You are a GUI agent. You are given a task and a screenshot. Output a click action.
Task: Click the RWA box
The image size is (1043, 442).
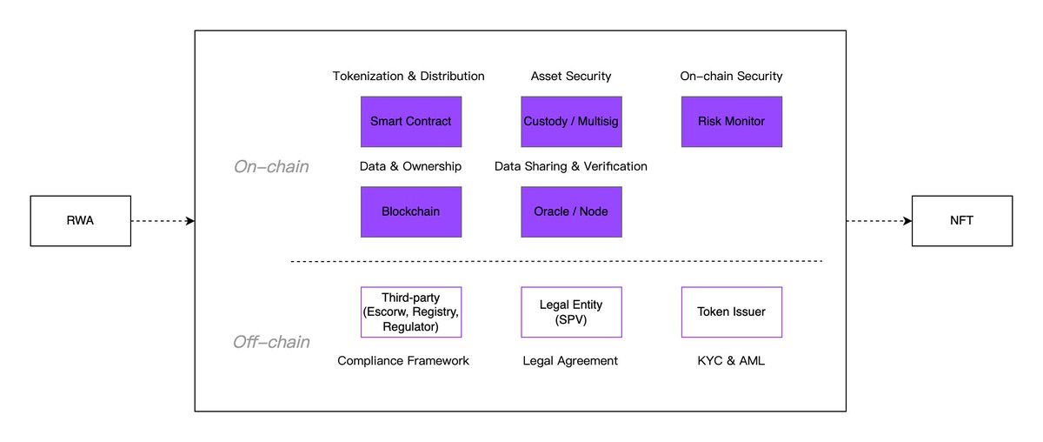[81, 221]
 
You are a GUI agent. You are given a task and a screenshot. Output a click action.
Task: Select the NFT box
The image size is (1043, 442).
[962, 221]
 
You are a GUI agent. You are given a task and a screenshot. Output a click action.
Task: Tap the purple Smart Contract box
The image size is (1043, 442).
[411, 122]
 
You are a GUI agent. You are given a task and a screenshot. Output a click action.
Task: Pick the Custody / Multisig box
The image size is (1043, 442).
[571, 122]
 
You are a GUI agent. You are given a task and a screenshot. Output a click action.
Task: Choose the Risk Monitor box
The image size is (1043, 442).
[732, 122]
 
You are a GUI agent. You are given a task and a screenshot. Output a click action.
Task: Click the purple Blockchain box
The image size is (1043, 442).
[411, 212]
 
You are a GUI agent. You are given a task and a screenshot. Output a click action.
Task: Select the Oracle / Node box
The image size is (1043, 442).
[571, 212]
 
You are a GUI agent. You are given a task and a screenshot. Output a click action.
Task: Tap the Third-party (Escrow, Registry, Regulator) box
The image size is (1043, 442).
[411, 311]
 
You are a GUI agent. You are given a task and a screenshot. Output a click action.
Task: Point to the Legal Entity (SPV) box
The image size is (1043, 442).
[571, 311]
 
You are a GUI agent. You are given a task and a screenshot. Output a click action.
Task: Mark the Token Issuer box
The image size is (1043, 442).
[732, 311]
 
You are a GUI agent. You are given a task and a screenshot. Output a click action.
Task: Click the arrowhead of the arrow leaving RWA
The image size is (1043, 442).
[190, 221]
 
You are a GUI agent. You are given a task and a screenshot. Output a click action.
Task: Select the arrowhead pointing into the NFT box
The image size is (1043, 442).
[907, 221]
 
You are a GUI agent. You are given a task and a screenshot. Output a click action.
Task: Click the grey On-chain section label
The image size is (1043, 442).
[271, 167]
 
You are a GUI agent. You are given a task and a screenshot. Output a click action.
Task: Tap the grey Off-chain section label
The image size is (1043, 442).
[271, 342]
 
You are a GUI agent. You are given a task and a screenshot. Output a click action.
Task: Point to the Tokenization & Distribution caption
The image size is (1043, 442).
[409, 76]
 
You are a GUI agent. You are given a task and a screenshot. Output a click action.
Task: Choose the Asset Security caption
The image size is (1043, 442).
[571, 76]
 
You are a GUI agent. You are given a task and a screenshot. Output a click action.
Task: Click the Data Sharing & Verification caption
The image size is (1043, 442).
[571, 166]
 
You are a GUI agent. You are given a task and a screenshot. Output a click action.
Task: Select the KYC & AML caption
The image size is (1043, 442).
[731, 361]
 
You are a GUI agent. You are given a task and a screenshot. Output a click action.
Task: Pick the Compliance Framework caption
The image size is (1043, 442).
[403, 361]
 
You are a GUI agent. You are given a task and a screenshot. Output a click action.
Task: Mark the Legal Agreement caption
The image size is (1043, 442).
[570, 361]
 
